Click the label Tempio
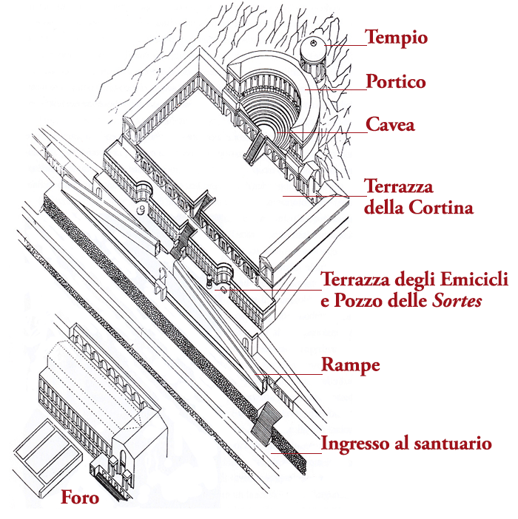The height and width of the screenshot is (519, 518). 397,38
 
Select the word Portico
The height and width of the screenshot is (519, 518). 397,81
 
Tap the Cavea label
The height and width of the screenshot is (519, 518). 391,125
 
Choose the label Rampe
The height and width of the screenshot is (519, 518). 351,365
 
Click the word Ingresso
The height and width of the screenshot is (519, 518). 355,444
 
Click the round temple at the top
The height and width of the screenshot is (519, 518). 314,55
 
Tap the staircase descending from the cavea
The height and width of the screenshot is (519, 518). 255,146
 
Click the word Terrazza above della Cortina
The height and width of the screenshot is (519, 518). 398,186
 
